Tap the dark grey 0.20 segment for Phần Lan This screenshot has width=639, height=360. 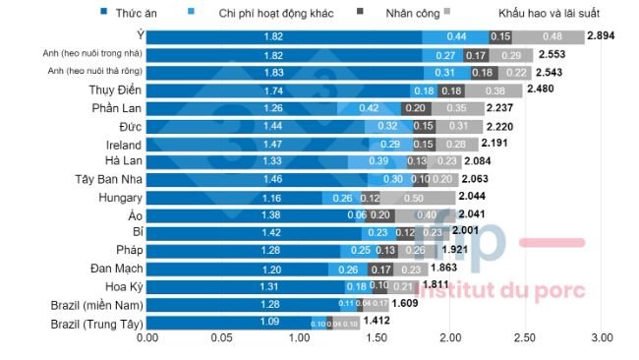click(417, 107)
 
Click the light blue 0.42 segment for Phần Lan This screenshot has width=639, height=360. click(370, 107)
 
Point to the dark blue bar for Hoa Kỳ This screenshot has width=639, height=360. click(246, 285)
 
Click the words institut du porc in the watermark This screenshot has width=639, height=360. click(503, 290)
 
